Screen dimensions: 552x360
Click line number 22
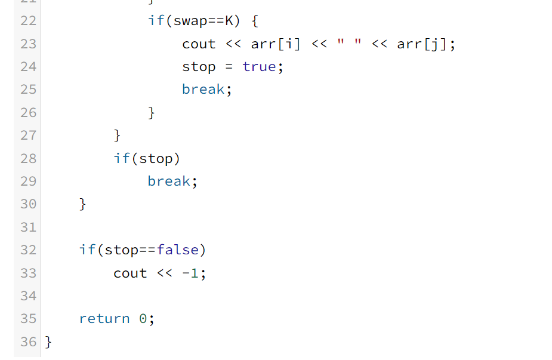(x=28, y=21)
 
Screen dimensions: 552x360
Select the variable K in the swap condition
(x=229, y=21)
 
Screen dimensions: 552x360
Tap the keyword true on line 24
(x=259, y=67)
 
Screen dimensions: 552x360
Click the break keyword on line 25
(x=203, y=90)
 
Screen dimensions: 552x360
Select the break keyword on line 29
(x=169, y=181)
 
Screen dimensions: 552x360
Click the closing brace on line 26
(x=152, y=112)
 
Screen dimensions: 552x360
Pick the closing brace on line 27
(x=118, y=136)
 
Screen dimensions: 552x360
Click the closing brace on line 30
(x=83, y=204)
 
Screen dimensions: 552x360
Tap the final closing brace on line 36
(x=48, y=341)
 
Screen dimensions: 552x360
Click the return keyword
(x=104, y=319)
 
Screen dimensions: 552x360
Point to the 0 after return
(x=143, y=319)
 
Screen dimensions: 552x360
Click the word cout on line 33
(x=130, y=273)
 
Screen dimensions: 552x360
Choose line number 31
(x=28, y=227)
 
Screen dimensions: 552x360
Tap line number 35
(x=28, y=319)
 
